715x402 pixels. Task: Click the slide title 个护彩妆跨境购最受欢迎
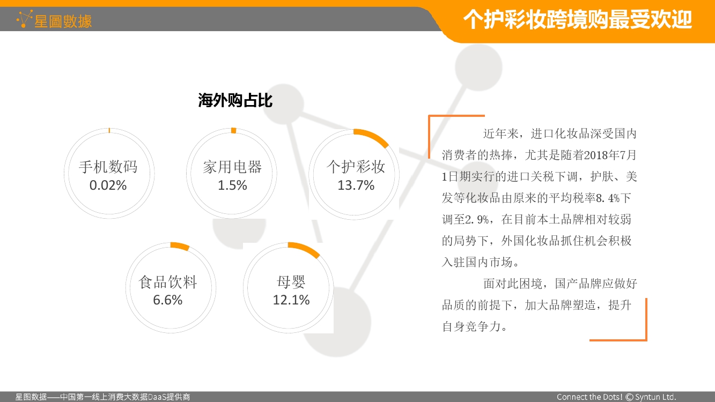pyautogui.click(x=578, y=20)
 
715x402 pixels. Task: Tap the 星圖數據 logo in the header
pyautogui.click(x=54, y=20)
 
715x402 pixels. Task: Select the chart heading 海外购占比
pyautogui.click(x=235, y=101)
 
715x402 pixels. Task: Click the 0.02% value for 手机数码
pyautogui.click(x=108, y=185)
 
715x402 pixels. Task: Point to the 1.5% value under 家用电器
pyautogui.click(x=232, y=185)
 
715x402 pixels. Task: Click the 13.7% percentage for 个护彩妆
pyautogui.click(x=356, y=185)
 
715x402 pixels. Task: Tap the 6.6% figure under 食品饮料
pyautogui.click(x=167, y=300)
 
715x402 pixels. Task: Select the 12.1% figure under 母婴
pyautogui.click(x=291, y=300)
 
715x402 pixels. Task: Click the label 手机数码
pyautogui.click(x=108, y=167)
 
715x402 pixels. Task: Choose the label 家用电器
pyautogui.click(x=232, y=167)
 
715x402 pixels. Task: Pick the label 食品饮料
pyautogui.click(x=168, y=282)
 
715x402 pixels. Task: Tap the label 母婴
pyautogui.click(x=291, y=282)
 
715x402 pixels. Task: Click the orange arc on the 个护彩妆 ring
pyautogui.click(x=373, y=136)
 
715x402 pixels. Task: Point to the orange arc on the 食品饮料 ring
pyautogui.click(x=180, y=245)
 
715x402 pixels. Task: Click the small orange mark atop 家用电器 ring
pyautogui.click(x=234, y=130)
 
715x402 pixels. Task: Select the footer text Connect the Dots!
pyautogui.click(x=589, y=397)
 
